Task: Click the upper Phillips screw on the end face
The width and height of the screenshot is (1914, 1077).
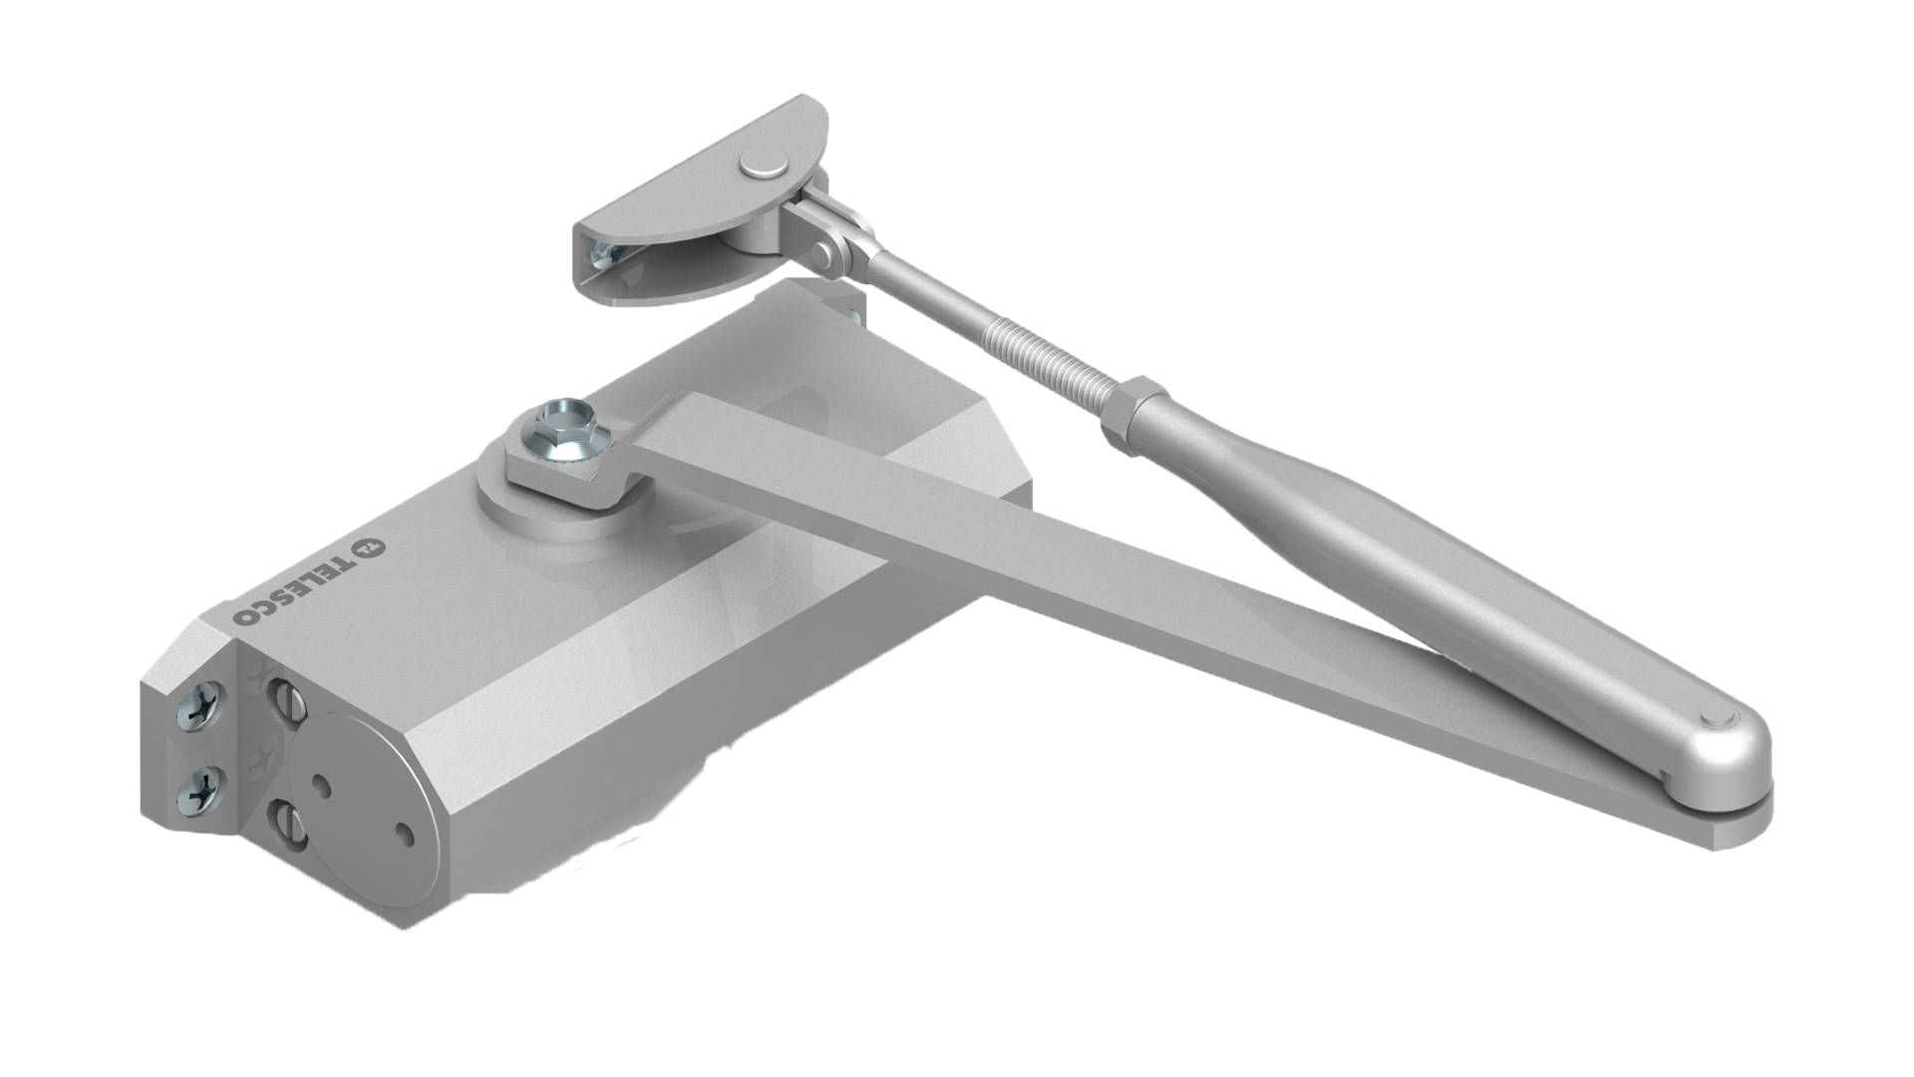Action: pos(193,710)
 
